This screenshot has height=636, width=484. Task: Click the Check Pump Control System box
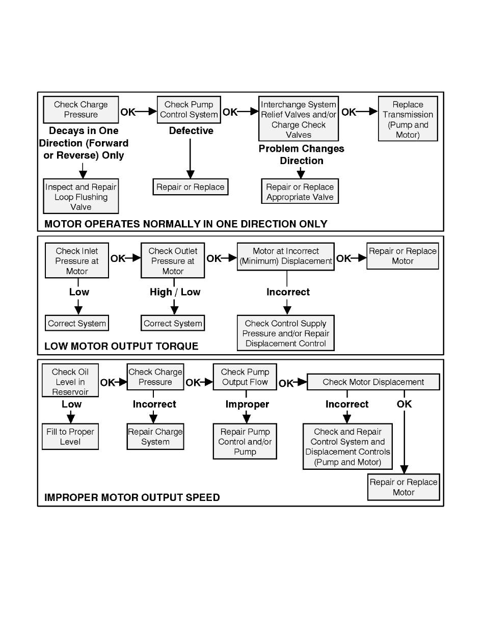189,110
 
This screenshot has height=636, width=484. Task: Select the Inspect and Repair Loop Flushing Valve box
81,196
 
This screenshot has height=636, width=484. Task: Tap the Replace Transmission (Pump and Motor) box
408,119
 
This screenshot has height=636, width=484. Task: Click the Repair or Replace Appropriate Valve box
300,191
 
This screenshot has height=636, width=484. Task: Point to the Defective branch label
191,130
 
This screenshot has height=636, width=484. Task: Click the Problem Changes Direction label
302,154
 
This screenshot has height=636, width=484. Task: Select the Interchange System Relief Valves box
299,119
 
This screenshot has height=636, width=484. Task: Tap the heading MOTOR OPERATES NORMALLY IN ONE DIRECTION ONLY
185,224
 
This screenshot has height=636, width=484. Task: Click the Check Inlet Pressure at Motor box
77,260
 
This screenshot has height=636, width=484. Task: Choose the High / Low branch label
175,292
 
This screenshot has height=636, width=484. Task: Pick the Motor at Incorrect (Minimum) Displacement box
286,257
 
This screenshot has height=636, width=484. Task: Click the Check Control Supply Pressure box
286,333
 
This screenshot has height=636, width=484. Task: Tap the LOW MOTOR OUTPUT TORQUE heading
121,346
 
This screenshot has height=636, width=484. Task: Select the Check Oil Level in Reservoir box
70,381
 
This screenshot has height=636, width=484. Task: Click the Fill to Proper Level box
70,437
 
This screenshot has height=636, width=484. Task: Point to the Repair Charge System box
155,437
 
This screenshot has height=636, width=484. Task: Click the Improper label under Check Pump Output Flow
247,404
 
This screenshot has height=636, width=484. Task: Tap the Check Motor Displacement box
373,382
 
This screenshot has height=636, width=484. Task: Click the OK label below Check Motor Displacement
404,404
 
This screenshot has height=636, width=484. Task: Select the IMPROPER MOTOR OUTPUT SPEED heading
132,497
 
